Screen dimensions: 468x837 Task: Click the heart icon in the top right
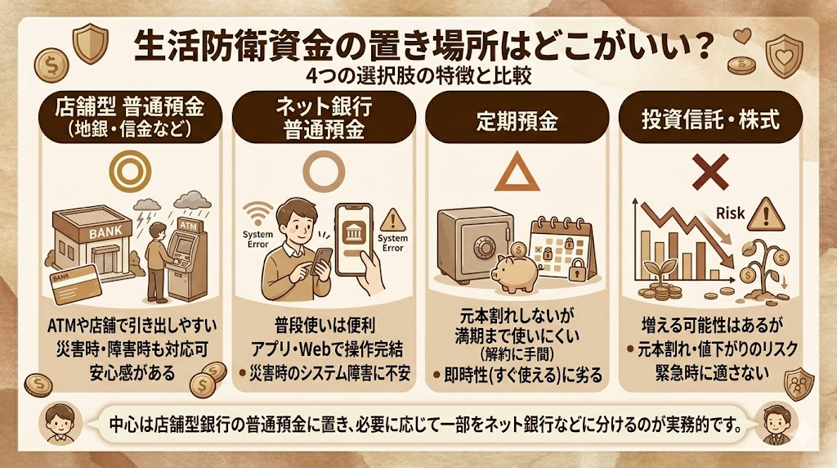pos(741,35)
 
